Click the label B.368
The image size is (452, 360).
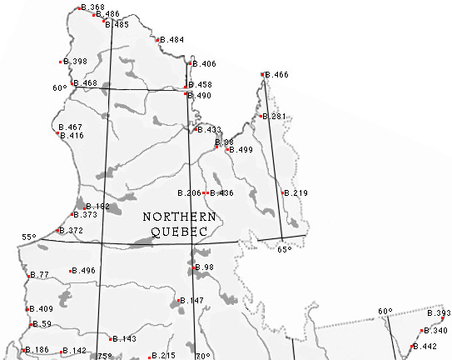point(92,7)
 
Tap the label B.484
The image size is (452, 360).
point(172,40)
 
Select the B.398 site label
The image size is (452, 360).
point(75,62)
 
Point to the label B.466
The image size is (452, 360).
point(277,75)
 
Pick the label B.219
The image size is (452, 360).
point(296,193)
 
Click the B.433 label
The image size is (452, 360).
point(209,130)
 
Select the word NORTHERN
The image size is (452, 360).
point(179,217)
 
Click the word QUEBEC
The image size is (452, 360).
point(179,232)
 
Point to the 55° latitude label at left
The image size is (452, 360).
point(29,237)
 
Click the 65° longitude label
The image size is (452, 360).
point(284,248)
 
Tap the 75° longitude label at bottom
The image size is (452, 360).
point(104,357)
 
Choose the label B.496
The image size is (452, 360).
point(84,271)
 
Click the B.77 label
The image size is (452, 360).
point(40,275)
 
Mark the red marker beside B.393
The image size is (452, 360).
point(443,317)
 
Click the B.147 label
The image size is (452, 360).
point(192,300)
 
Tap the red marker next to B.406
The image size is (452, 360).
point(191,64)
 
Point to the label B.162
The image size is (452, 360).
point(97,207)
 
